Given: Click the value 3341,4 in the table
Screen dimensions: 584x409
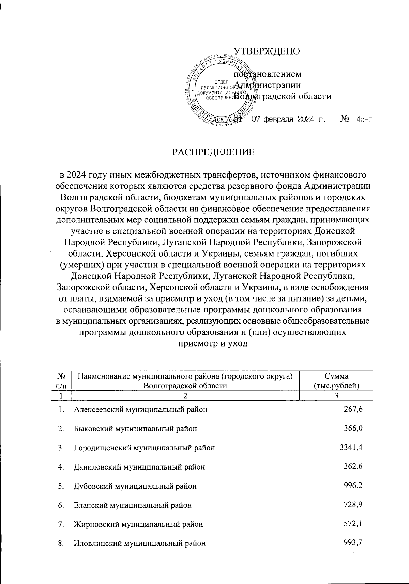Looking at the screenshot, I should tap(351, 447).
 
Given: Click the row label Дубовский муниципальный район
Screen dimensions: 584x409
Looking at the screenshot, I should tap(135, 486).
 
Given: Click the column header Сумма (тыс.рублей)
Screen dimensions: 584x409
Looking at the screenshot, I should tap(336, 381).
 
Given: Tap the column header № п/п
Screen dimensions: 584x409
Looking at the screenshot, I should tap(62, 381).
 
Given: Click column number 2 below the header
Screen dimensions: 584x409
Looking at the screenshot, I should tap(185, 396).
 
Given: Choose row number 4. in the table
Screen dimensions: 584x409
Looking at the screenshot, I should tap(61, 467).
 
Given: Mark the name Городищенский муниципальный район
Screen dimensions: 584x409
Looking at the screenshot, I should tap(145, 448).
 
